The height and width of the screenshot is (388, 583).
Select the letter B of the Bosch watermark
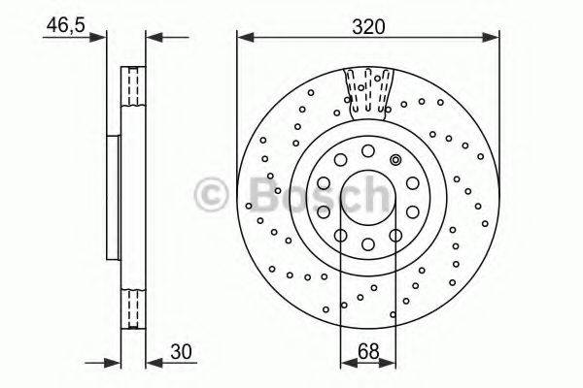(x=249, y=199)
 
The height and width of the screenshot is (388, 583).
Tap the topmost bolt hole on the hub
(x=368, y=149)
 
